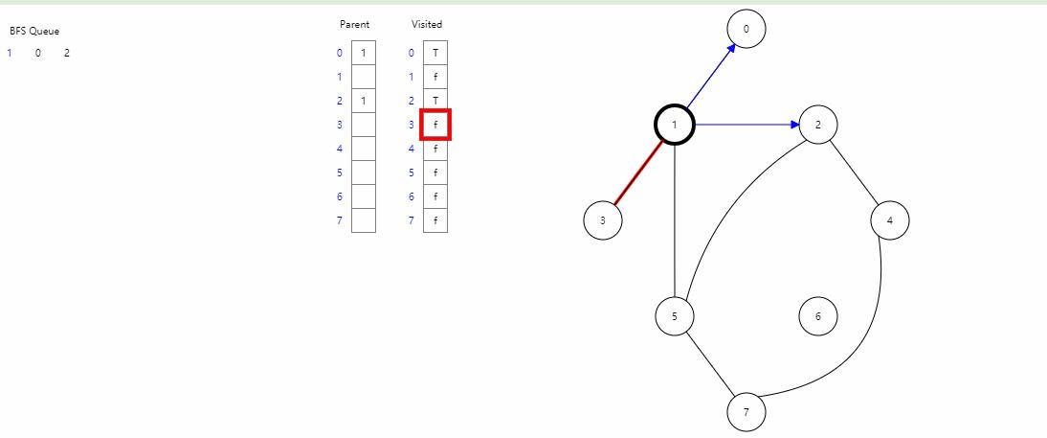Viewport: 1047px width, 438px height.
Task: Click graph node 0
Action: coord(746,29)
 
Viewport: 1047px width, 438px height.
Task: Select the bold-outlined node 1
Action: coord(675,125)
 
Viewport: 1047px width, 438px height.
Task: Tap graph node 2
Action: coord(818,125)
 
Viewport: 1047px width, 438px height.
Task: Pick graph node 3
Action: coord(603,220)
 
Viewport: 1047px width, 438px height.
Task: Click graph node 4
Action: coord(890,220)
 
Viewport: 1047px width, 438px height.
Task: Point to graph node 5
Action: coord(675,316)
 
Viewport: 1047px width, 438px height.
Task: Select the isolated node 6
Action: coord(818,316)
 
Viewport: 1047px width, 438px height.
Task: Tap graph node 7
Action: coord(746,412)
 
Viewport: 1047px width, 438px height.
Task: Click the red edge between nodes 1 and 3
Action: coord(638,173)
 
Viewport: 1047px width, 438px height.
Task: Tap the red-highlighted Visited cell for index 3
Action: coord(435,125)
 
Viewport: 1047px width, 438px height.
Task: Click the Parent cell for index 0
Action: coord(364,53)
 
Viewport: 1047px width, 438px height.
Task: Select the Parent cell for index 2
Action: coord(364,101)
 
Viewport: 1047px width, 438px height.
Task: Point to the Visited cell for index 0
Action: coord(435,53)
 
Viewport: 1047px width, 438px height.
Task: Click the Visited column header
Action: coord(427,24)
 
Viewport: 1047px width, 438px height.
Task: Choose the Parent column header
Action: coord(354,24)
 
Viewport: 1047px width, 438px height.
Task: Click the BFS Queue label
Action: coord(34,31)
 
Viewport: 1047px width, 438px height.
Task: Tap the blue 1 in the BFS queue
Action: coord(10,53)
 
